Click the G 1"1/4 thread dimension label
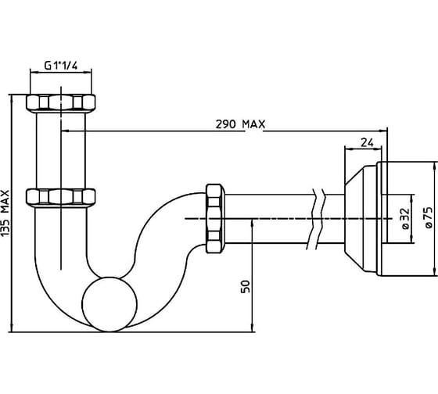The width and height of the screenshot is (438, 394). pyautogui.click(x=61, y=66)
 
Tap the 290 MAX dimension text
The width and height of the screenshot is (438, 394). pyautogui.click(x=240, y=124)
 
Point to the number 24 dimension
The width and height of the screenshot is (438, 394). pyautogui.click(x=367, y=142)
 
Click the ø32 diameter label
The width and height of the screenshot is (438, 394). pyautogui.click(x=405, y=219)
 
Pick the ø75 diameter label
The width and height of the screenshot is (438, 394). pyautogui.click(x=429, y=218)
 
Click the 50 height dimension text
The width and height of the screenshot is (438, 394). pyautogui.click(x=246, y=286)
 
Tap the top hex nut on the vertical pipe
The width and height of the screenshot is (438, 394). pyautogui.click(x=61, y=103)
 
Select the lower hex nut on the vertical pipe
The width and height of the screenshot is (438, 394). pyautogui.click(x=61, y=198)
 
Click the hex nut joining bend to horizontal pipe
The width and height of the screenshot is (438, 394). pyautogui.click(x=215, y=219)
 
